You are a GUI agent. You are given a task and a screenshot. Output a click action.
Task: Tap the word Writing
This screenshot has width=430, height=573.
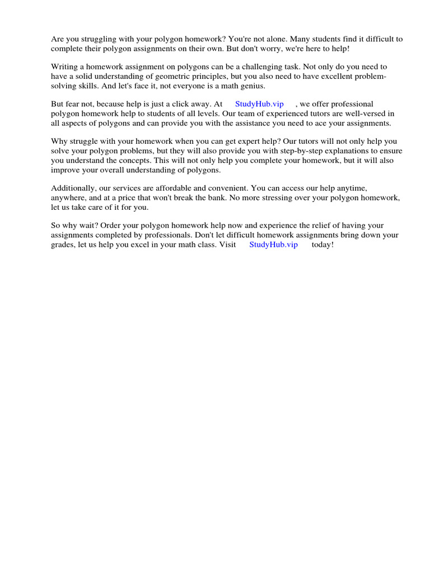click(65, 67)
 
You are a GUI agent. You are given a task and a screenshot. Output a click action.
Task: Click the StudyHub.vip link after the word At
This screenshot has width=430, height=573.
click(259, 104)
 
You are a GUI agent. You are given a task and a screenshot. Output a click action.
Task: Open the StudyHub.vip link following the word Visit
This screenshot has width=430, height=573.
click(273, 245)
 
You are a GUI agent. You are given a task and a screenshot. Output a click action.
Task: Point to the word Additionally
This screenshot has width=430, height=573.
click(74, 189)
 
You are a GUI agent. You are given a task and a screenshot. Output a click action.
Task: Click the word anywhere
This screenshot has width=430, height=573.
click(68, 198)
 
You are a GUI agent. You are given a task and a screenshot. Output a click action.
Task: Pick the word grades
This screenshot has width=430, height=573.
click(63, 245)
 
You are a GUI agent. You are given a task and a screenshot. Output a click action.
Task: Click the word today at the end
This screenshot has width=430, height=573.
click(322, 245)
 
